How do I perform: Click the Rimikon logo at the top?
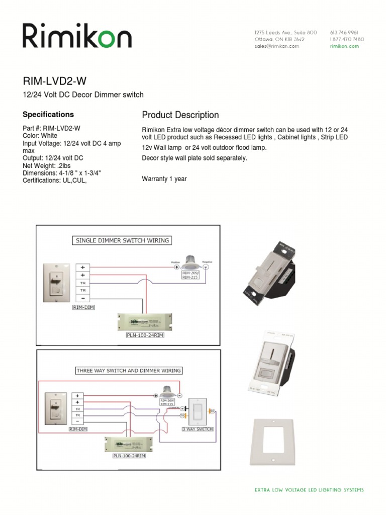[x=77, y=37]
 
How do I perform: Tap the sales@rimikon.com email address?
[x=277, y=46]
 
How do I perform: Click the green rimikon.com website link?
[x=344, y=46]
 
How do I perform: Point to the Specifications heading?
[x=48, y=115]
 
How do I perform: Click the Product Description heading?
[x=180, y=115]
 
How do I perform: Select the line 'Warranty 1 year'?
[x=164, y=179]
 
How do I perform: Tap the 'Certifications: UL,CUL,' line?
[x=55, y=181]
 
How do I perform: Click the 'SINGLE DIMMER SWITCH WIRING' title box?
[x=122, y=240]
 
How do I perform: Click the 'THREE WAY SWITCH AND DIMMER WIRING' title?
[x=128, y=371]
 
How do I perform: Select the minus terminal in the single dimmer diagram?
[x=82, y=298]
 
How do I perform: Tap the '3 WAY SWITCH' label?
[x=198, y=429]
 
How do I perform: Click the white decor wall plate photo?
[x=272, y=441]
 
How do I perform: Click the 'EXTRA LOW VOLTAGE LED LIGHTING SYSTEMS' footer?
[x=309, y=489]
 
